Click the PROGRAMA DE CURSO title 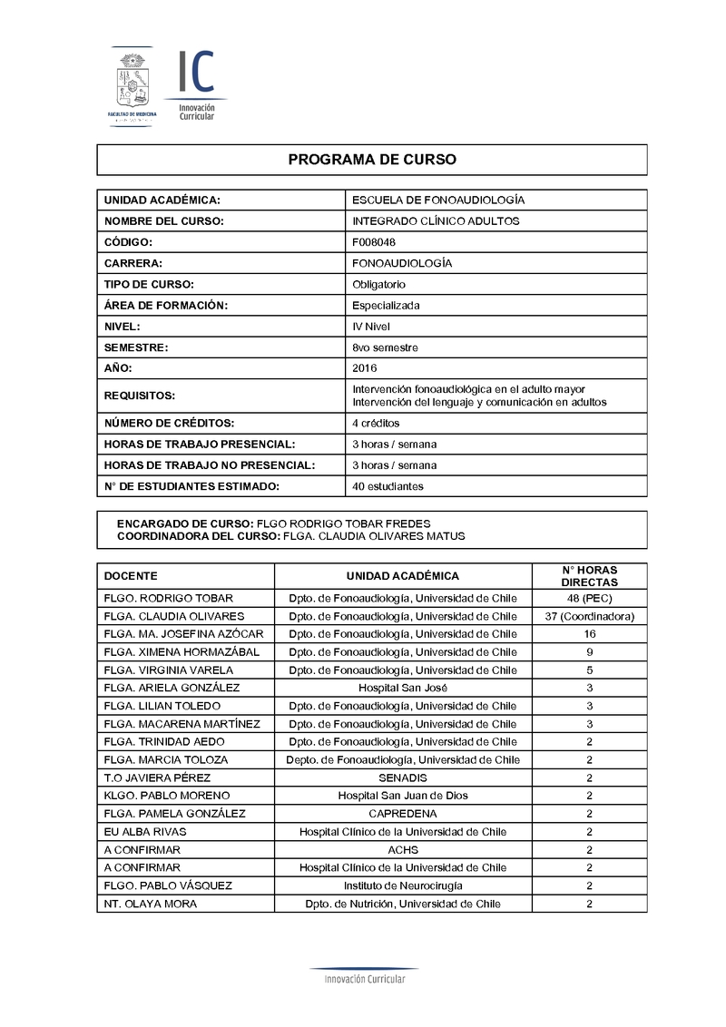click(x=372, y=160)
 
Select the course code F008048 click(x=374, y=242)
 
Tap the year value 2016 click(x=364, y=367)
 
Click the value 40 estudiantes click(x=388, y=486)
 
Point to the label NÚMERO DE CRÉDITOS click(x=169, y=423)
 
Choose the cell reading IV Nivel click(x=371, y=326)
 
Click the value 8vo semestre click(x=385, y=347)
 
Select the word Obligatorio click(x=378, y=284)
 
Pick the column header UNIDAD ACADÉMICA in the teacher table click(x=402, y=576)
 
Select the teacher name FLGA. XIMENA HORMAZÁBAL click(x=181, y=651)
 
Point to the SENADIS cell click(x=402, y=778)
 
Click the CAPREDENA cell click(x=402, y=814)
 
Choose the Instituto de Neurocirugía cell click(x=402, y=885)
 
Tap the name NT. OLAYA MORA click(x=151, y=904)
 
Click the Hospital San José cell click(x=402, y=688)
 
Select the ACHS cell click(x=402, y=849)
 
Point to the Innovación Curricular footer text click(x=365, y=979)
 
